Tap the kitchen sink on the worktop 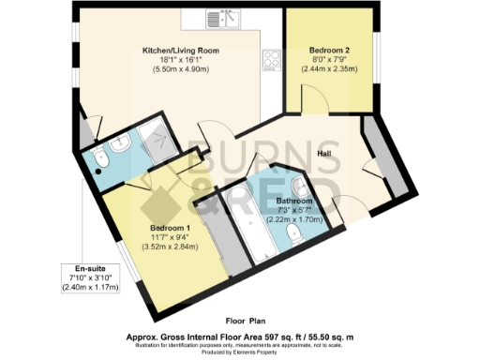222,19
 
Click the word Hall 325,154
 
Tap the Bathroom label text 293,202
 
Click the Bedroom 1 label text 171,228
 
